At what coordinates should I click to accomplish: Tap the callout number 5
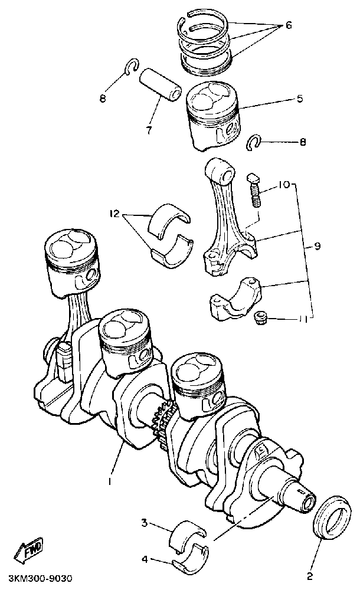pos(299,99)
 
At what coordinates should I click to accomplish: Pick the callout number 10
pos(283,185)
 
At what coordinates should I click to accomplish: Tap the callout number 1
pos(110,481)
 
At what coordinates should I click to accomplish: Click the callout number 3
pos(143,523)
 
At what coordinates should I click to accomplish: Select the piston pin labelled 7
pos(159,86)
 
